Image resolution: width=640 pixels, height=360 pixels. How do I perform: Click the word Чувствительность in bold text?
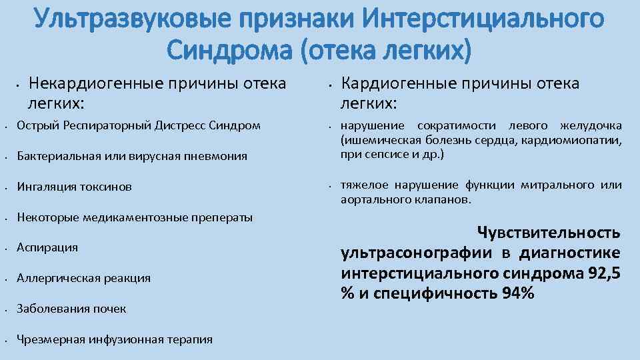point(548,233)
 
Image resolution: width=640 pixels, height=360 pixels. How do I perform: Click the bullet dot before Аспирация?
point(5,248)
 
